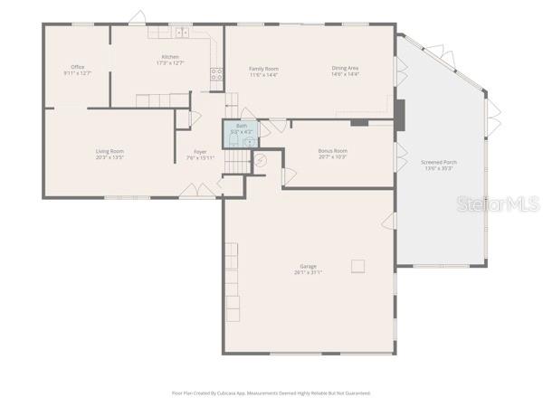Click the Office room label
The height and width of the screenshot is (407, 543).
coord(78,68)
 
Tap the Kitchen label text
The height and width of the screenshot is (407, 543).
coord(170,58)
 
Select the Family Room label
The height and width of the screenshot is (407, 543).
coord(263,69)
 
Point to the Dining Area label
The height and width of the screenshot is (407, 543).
coord(345,69)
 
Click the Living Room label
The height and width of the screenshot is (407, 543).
coord(110,151)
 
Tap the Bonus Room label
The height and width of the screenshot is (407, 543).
coord(333,151)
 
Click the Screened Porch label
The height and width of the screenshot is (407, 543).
coord(439,163)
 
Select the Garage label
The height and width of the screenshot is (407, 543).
coord(308,267)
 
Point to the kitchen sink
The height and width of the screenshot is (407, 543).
coord(181,32)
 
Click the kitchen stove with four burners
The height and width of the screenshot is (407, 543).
coord(217,75)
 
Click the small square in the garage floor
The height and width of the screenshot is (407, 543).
coord(359,265)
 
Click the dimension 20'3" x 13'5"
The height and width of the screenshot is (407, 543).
coord(110,156)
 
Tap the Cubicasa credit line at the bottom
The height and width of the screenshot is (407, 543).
coord(271,393)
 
